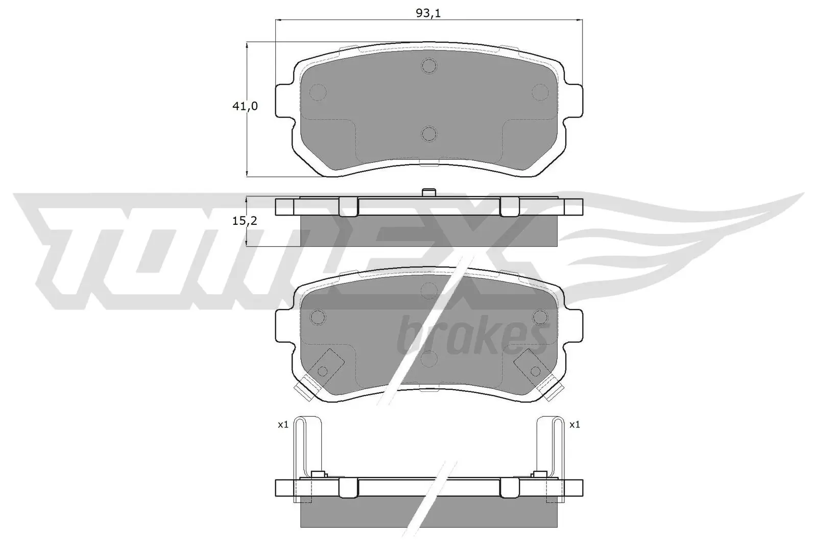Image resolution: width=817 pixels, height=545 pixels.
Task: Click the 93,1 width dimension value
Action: pyautogui.click(x=428, y=13)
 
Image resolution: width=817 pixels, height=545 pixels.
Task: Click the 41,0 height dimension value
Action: pyautogui.click(x=246, y=106)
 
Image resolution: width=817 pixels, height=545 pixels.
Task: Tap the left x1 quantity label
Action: pyautogui.click(x=283, y=424)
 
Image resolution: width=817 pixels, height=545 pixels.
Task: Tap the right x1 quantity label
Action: pyautogui.click(x=574, y=424)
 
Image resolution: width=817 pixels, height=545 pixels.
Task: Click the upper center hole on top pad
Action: pyautogui.click(x=429, y=65)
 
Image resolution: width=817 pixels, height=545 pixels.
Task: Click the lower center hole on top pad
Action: pyautogui.click(x=429, y=134)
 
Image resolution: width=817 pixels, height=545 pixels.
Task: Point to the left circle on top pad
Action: pyautogui.click(x=319, y=92)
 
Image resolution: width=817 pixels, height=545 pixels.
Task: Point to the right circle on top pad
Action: pyautogui.click(x=540, y=92)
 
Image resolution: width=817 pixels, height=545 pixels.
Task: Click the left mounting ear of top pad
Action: pyautogui.click(x=284, y=101)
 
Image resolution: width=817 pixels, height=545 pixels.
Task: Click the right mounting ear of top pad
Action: pyautogui.click(x=574, y=101)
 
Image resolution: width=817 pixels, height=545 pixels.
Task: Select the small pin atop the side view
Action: pyautogui.click(x=428, y=193)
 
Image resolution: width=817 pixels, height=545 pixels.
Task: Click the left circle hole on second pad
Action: pyautogui.click(x=319, y=317)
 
